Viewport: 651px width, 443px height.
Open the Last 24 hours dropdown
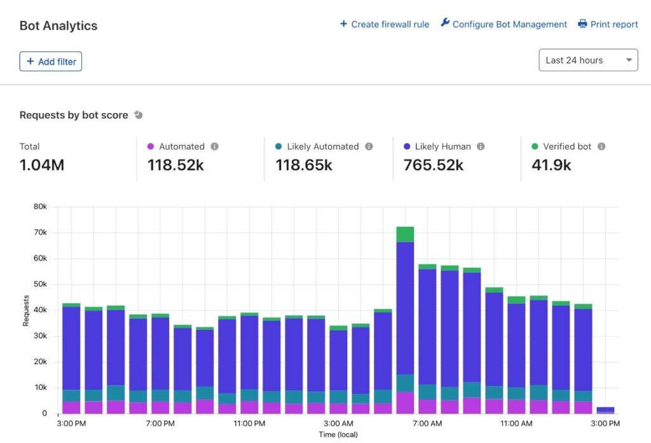(x=587, y=60)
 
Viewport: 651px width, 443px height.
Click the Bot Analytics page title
(x=58, y=26)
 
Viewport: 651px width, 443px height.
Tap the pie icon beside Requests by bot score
(x=139, y=115)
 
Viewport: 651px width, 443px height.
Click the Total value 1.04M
(x=42, y=165)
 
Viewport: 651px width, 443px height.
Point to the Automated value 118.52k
(x=175, y=165)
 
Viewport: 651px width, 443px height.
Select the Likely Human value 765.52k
(x=434, y=165)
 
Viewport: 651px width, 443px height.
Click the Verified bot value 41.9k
(x=551, y=165)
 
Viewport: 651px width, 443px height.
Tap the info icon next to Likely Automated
(x=369, y=146)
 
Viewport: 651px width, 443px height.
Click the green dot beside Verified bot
(x=535, y=146)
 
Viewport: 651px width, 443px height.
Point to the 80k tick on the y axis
(x=40, y=207)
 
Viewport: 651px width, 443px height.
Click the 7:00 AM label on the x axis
(x=427, y=423)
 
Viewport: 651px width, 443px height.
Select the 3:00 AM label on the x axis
(x=338, y=423)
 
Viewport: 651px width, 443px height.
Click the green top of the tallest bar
(x=405, y=234)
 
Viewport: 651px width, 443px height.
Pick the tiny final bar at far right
(x=605, y=410)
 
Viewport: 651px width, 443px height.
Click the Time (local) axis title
(x=338, y=434)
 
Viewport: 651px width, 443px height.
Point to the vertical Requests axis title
(x=26, y=310)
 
